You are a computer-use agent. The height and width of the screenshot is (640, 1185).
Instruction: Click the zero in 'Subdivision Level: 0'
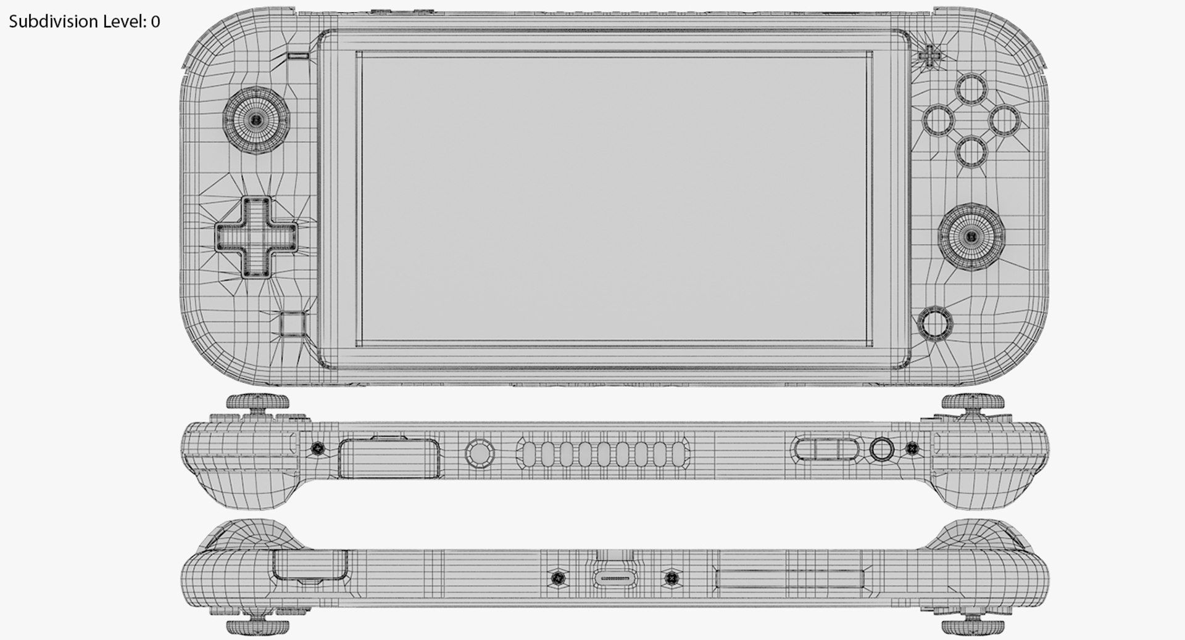(x=155, y=22)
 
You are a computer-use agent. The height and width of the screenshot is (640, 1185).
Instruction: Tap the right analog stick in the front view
(x=971, y=236)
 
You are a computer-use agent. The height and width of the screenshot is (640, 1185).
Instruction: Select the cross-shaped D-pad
(x=256, y=237)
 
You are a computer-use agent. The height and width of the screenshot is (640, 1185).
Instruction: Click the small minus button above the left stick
(x=298, y=55)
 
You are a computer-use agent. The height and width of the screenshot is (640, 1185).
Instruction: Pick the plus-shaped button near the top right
(x=929, y=55)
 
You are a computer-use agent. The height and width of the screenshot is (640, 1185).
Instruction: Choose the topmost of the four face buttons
(x=971, y=89)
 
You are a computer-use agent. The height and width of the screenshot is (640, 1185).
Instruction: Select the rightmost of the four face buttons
(x=1004, y=120)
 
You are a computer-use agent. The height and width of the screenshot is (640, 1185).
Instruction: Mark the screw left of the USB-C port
(x=559, y=578)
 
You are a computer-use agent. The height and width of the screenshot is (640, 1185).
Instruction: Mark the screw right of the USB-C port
(x=671, y=578)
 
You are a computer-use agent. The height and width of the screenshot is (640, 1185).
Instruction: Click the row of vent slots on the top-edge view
(x=602, y=454)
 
